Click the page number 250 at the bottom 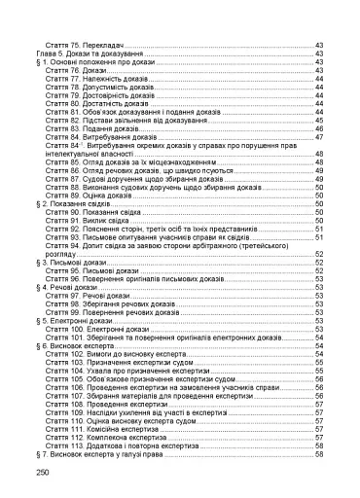pyautogui.click(x=41, y=472)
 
